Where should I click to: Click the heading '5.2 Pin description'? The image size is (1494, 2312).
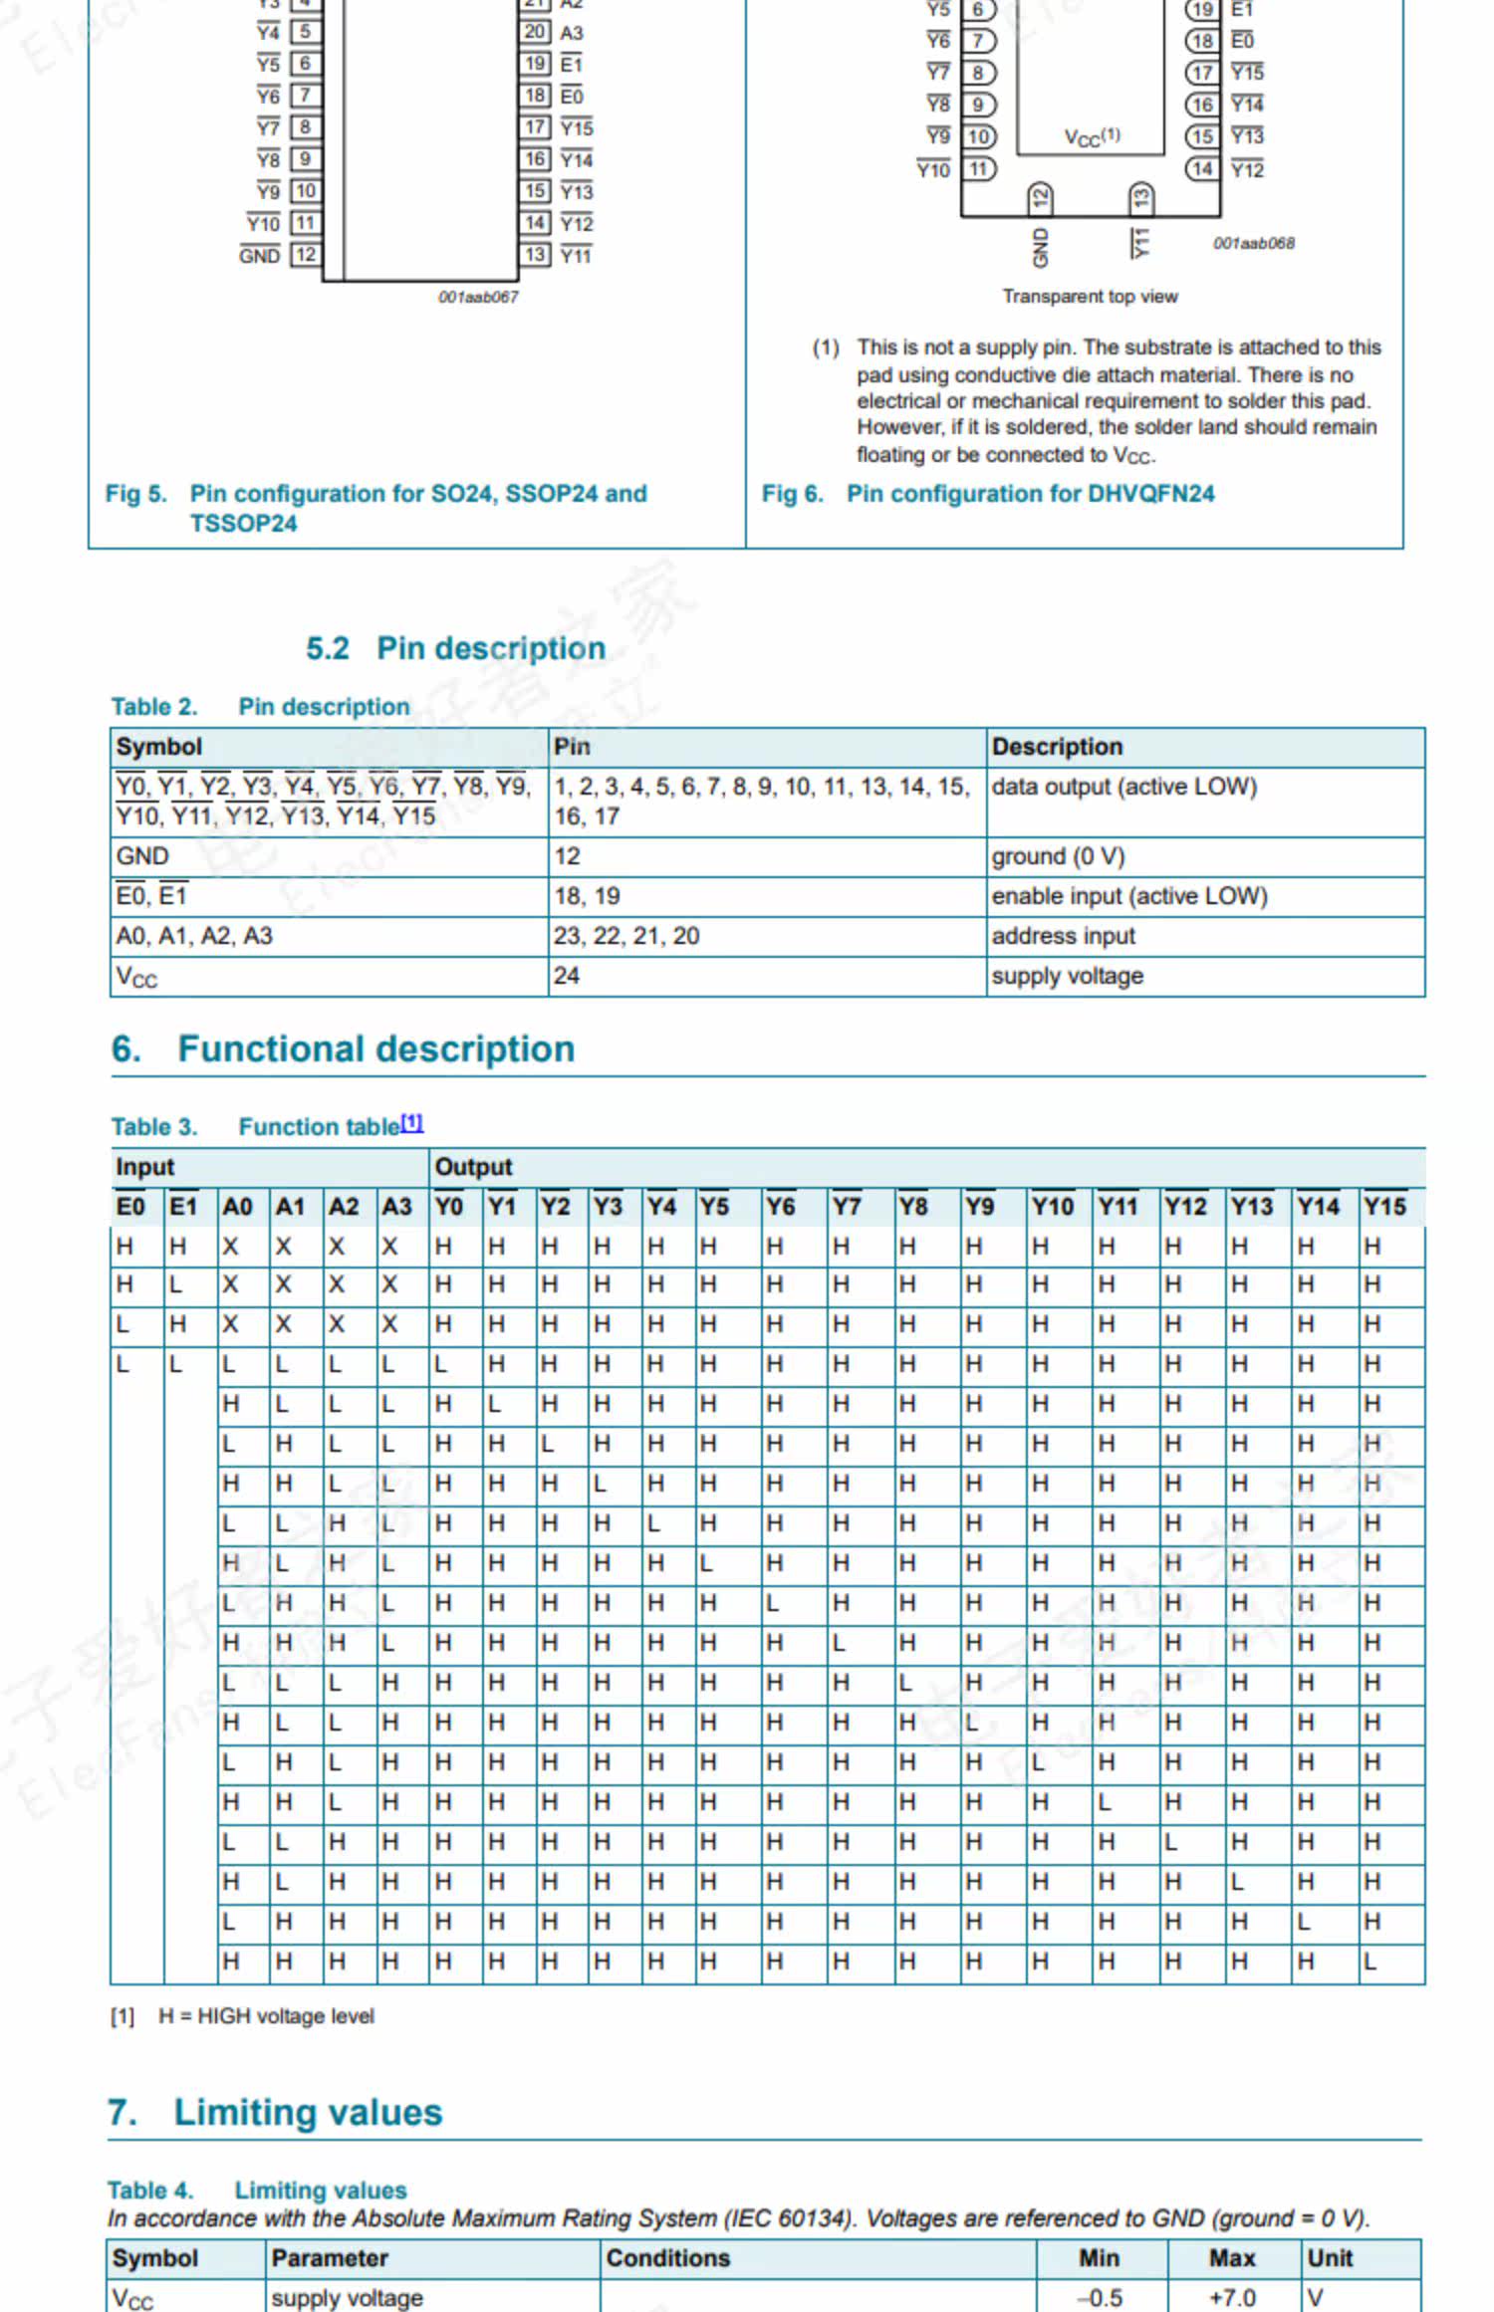point(455,648)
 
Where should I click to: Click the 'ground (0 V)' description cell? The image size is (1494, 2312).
point(1057,856)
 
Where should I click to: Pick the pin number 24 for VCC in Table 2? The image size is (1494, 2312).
point(567,976)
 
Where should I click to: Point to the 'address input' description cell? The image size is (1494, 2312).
point(1063,936)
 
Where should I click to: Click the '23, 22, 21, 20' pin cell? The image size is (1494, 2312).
point(626,936)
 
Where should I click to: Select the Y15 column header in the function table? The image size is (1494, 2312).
point(1383,1207)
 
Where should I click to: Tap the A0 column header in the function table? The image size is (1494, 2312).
point(237,1207)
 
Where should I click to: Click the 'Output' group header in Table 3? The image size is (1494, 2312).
point(473,1167)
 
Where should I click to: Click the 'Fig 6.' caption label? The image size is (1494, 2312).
point(792,494)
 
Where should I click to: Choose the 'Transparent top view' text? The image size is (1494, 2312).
point(1090,297)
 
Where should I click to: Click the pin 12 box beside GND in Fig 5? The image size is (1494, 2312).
point(305,255)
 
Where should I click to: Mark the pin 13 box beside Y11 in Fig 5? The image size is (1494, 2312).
point(535,255)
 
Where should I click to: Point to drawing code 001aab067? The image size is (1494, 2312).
point(478,297)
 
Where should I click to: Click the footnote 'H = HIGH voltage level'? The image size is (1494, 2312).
point(266,2016)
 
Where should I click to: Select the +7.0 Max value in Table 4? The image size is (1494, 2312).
point(1231,2297)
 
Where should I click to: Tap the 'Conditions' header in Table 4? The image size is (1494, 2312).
point(667,2258)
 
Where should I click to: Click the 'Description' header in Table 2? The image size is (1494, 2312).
point(1057,747)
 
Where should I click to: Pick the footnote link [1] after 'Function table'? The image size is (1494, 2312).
point(412,1123)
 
